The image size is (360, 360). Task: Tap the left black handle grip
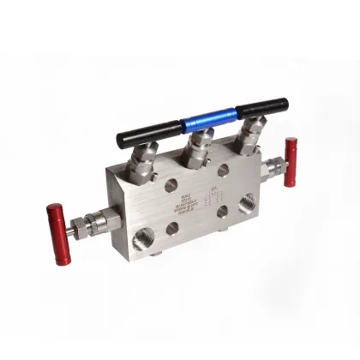[x=147, y=130]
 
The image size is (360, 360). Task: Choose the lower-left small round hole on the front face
[x=172, y=228]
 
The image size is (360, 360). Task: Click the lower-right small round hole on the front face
[x=223, y=210]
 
